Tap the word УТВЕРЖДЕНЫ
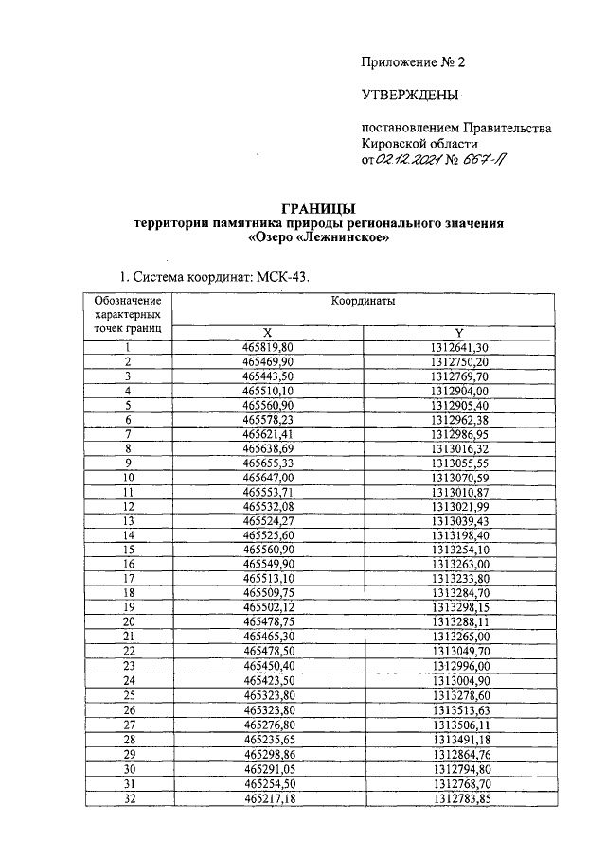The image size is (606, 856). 410,95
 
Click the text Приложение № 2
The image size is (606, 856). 414,63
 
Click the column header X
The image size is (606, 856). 268,332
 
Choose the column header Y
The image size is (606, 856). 458,332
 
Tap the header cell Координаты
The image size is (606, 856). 363,301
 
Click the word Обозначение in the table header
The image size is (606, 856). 127,300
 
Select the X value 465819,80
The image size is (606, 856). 270,348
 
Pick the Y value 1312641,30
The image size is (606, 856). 458,348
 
